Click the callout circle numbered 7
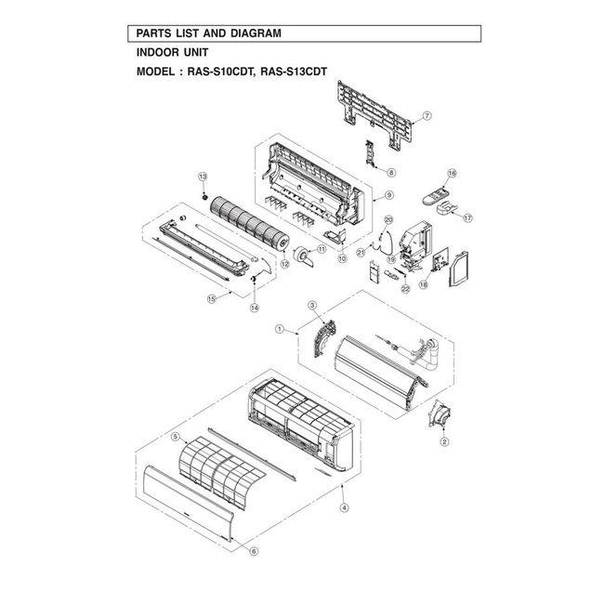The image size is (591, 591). pos(427,116)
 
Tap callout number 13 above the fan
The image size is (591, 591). pos(204,177)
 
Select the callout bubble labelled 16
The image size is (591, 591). pos(452,173)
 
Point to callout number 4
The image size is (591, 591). pos(344,507)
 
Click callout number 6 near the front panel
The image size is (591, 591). pos(255,551)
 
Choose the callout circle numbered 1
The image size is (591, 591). pos(280,329)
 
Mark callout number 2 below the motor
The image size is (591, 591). pos(444,441)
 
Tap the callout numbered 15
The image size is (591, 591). pos(212,298)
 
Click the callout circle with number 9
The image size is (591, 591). pos(389,195)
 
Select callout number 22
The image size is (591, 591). pos(405,289)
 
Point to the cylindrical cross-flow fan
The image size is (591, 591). pos(250,223)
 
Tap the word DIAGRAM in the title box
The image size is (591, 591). pos(256,33)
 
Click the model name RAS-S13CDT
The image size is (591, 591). pos(294,72)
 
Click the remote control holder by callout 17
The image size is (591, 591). pos(447,207)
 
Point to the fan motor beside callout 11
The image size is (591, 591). pos(303,256)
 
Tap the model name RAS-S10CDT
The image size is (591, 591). pos(219,72)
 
